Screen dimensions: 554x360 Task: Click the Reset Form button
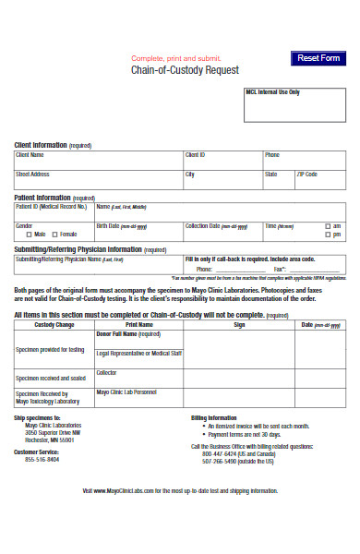coord(317,58)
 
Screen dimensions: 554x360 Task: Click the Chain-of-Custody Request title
coord(185,70)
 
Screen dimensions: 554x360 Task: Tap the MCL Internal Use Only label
coord(273,92)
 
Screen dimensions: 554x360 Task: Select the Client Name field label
coord(30,154)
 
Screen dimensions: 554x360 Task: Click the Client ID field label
coord(195,154)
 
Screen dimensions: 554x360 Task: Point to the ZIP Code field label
coord(306,174)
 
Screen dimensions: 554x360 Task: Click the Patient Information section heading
coord(42,198)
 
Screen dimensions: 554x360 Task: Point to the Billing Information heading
coord(214,418)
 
